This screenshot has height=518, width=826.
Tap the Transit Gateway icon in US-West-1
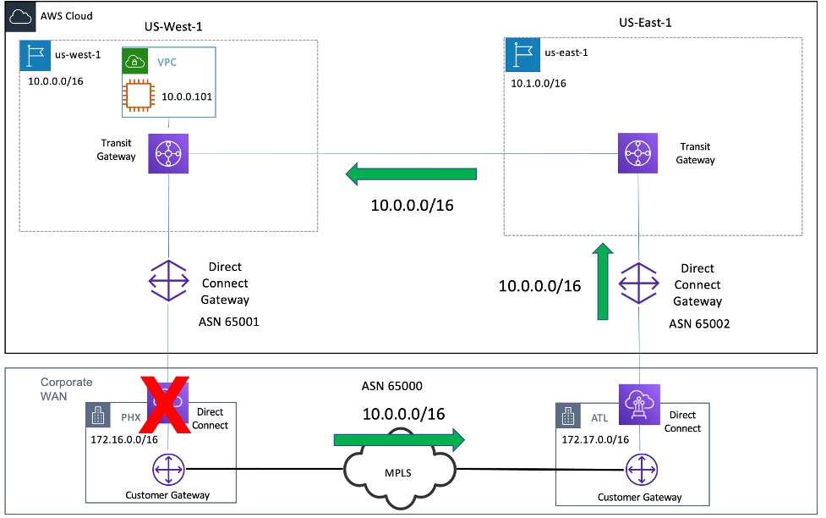pos(168,154)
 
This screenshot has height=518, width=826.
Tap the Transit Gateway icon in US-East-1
pos(638,153)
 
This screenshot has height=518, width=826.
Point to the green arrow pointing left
pos(411,174)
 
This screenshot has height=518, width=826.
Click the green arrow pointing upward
pos(602,282)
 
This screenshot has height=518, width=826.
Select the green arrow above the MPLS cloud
pos(399,439)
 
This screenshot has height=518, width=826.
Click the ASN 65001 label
pos(229,322)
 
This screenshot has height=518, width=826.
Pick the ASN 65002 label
pos(697,323)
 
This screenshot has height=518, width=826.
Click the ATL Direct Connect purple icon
pos(640,403)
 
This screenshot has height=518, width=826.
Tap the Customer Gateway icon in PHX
pos(168,467)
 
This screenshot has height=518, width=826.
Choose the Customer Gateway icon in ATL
pos(640,467)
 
